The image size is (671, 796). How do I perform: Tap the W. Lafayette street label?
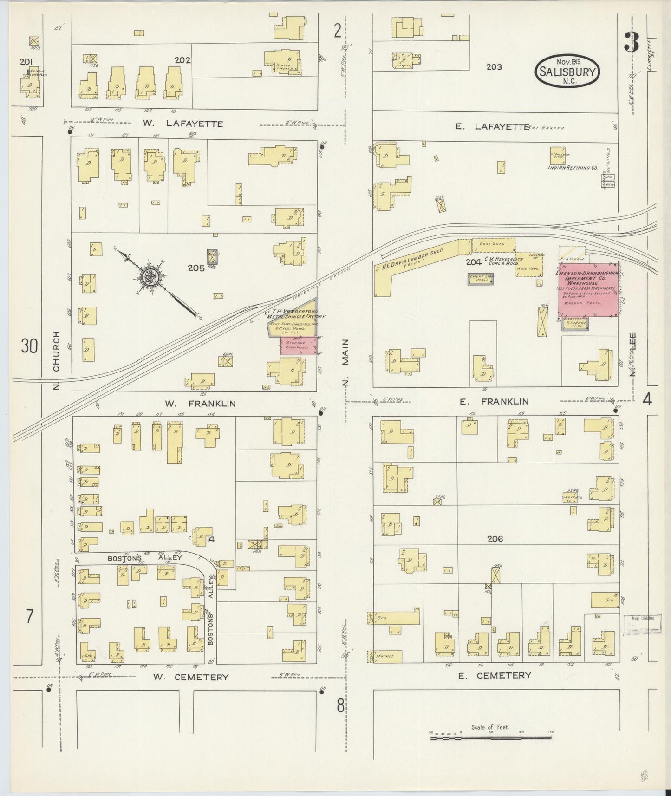pos(182,124)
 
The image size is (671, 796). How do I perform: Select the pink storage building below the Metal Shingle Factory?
pos(299,346)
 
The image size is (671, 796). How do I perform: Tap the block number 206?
pos(495,539)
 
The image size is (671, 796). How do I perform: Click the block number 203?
pos(494,67)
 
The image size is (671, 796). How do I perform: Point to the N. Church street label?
pos(57,360)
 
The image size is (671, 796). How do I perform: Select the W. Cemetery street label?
pos(191,677)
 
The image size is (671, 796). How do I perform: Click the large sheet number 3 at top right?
pos(632,43)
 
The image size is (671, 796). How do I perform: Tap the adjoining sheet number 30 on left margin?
pos(29,346)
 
